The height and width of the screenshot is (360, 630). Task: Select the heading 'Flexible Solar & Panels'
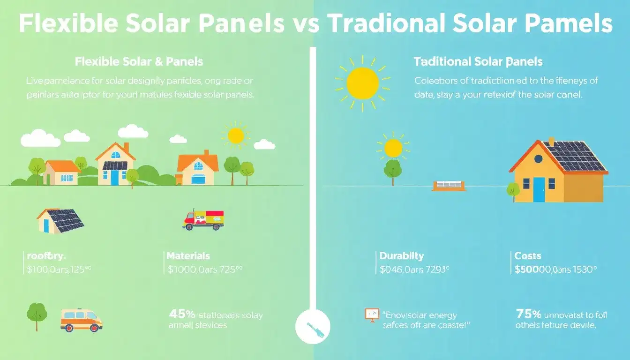click(139, 62)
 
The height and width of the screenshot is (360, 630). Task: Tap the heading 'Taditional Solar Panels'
click(478, 62)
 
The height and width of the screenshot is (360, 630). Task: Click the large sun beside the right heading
click(362, 83)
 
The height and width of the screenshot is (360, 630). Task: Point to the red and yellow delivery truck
click(203, 219)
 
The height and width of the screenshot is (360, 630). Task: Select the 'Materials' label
click(188, 256)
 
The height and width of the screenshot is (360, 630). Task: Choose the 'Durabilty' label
click(402, 256)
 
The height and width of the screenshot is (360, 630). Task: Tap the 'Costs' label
click(528, 256)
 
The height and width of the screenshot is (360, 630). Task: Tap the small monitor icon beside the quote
click(372, 315)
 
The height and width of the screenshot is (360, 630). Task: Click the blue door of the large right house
click(539, 189)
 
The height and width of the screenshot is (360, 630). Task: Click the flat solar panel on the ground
click(449, 186)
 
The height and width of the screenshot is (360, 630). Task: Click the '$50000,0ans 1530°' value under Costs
click(555, 270)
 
